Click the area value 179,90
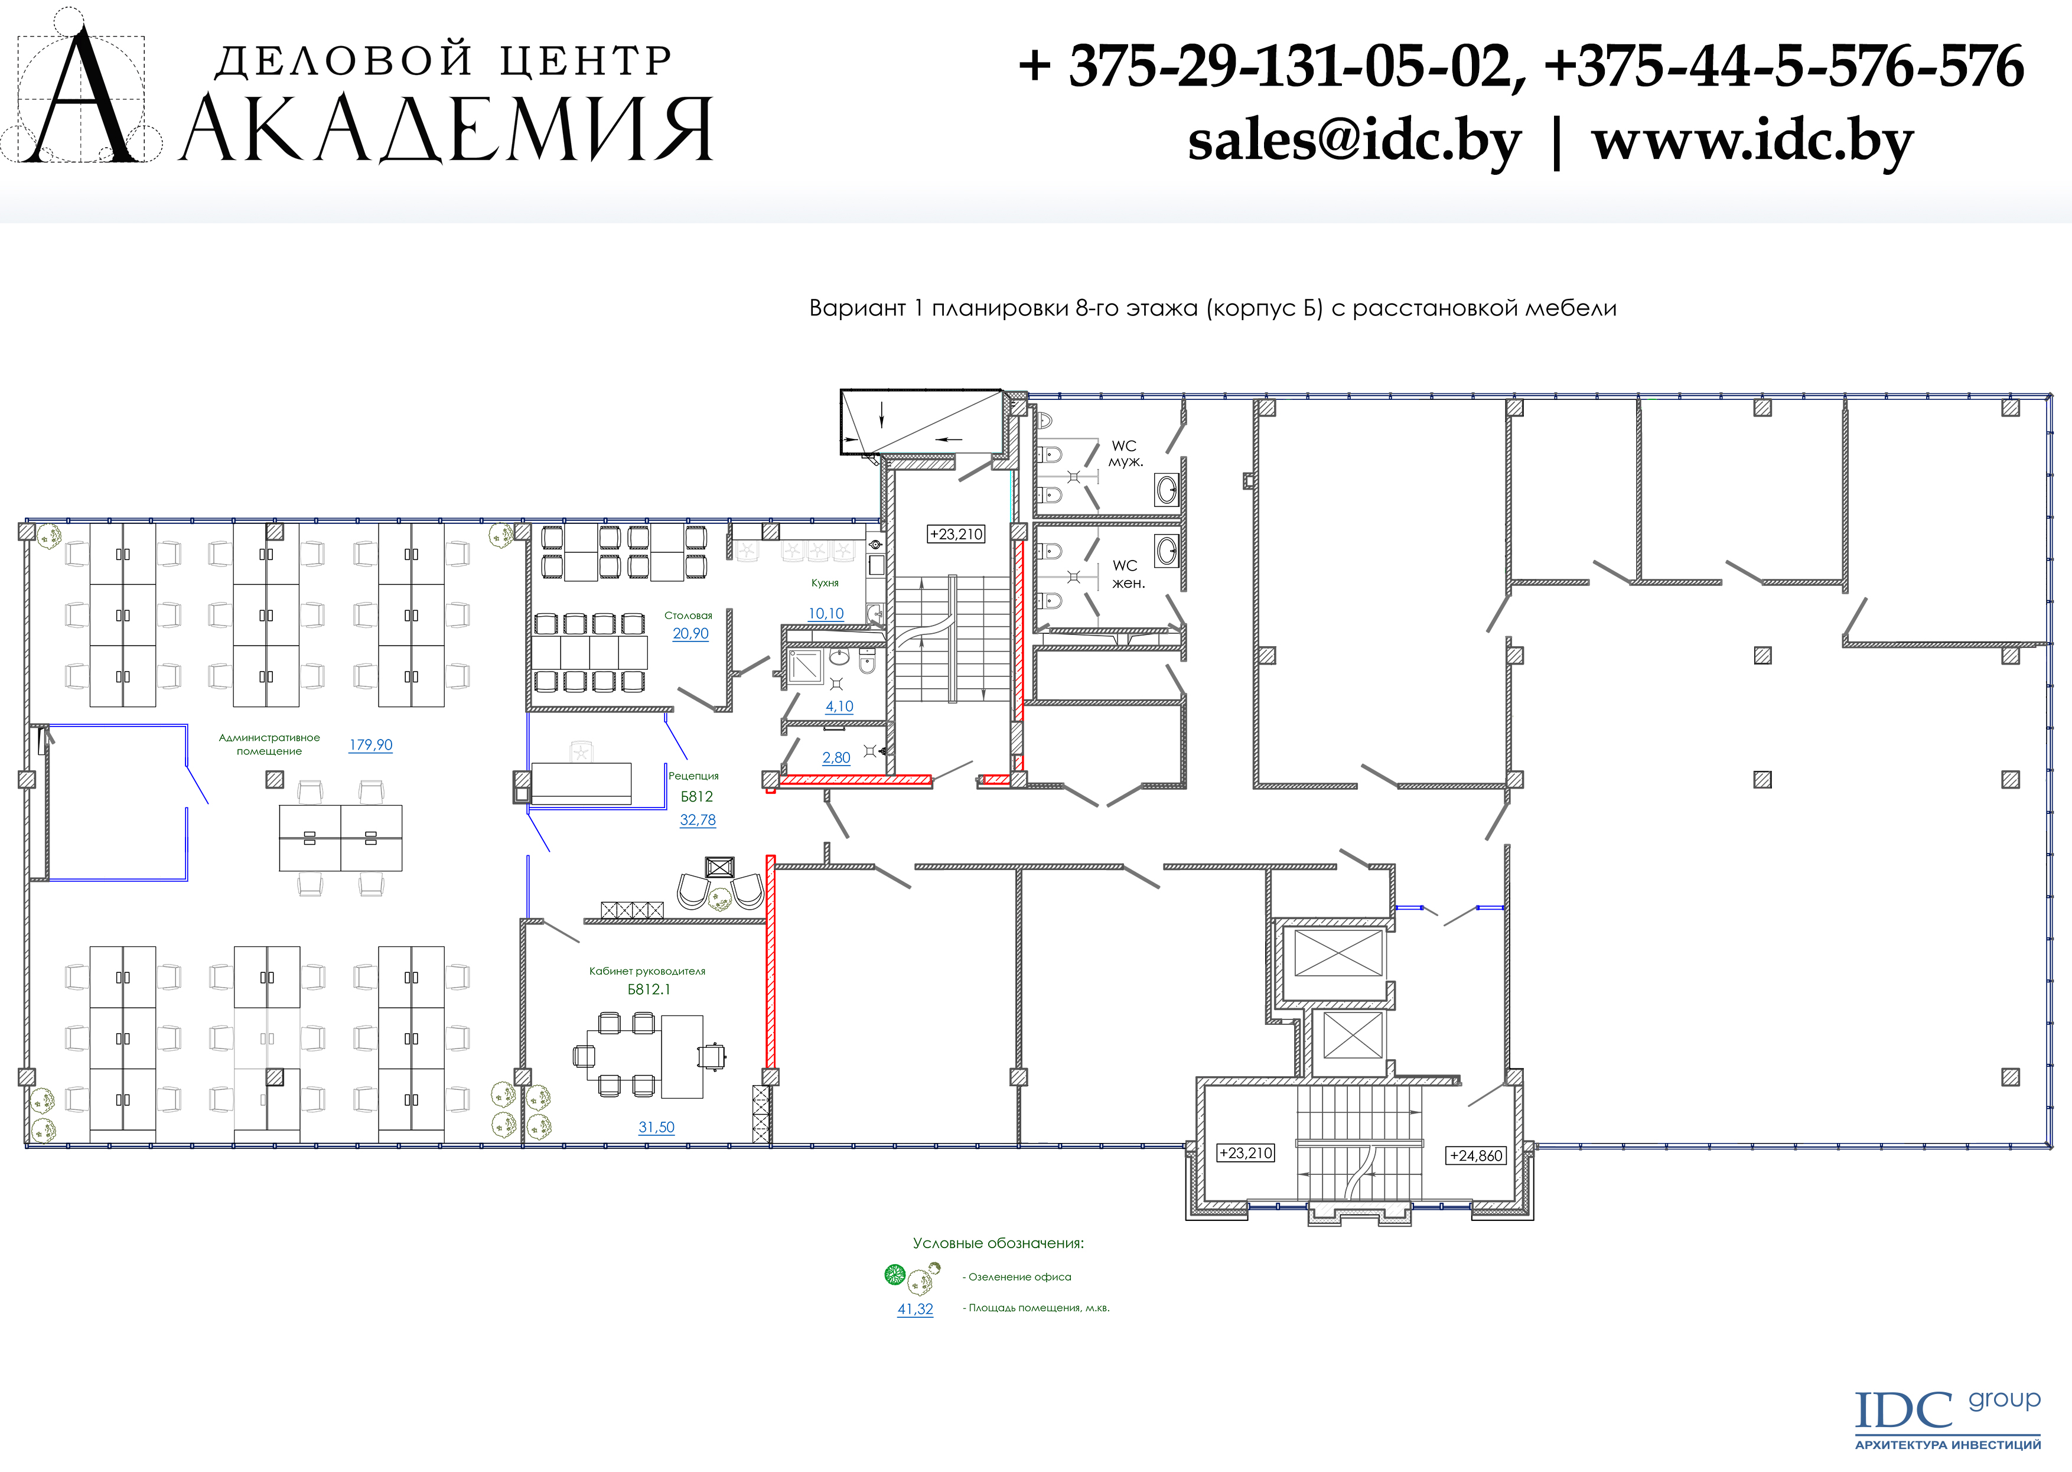(x=371, y=745)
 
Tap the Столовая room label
(x=688, y=615)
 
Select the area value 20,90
(x=690, y=634)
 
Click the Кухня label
(x=825, y=583)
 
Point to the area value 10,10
(x=826, y=614)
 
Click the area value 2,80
(x=836, y=758)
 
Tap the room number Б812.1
(x=649, y=990)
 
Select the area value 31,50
(x=656, y=1128)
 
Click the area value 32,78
(x=698, y=820)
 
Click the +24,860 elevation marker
(x=1477, y=1155)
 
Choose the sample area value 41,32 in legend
(x=916, y=1309)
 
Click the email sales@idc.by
(x=1354, y=142)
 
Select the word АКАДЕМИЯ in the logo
(x=448, y=129)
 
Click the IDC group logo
(x=1949, y=1419)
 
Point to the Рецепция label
(x=693, y=776)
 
